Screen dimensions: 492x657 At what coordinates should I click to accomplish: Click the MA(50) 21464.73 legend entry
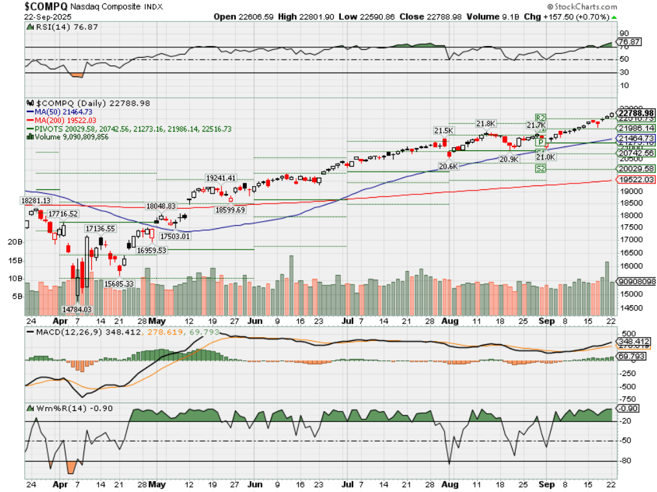[64, 111]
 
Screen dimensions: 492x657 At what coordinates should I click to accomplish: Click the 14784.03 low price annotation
[76, 309]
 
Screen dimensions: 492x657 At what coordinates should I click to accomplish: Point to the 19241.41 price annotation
[221, 178]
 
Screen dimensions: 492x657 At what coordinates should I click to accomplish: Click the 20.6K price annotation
[448, 166]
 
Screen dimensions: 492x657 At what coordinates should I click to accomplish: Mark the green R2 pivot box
[540, 117]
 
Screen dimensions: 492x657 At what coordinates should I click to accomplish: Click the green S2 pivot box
[540, 169]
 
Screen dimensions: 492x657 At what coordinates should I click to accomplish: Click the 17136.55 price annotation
[100, 228]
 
